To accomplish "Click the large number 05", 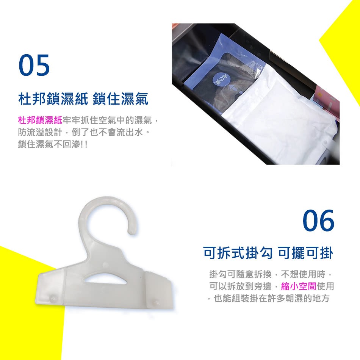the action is coord(34,65).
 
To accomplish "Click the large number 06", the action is coord(318,221).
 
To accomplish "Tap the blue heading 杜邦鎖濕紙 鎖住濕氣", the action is coord(83,99).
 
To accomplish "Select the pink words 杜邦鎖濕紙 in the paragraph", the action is coord(40,120).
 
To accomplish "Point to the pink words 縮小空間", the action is coord(299,286).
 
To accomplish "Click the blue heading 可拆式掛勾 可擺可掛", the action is coord(268,253).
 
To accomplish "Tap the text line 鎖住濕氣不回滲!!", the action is coord(53,144).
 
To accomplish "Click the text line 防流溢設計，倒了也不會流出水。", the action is coord(84,132).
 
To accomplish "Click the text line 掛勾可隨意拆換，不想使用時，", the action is coord(271,274).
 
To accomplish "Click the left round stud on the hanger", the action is coord(52,299).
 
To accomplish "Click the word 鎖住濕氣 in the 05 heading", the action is coord(121,99).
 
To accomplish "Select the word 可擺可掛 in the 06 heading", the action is coord(305,253).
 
